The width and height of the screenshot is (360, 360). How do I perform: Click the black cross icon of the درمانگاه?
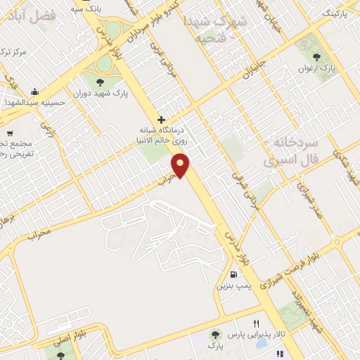point(162,120)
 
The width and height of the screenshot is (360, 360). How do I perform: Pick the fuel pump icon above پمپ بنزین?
point(233,275)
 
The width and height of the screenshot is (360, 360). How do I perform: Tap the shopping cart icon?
point(9,134)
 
